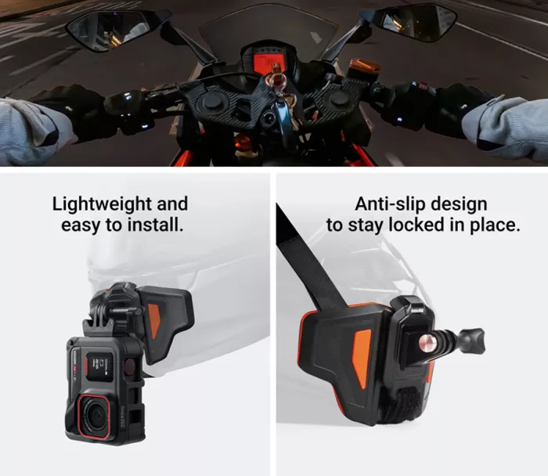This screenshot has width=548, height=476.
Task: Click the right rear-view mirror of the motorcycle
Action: click(416, 21)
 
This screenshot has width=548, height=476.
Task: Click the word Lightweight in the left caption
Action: click(99, 204)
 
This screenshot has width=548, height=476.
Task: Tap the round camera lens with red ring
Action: click(96, 416)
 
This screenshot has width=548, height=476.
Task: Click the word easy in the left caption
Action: click(80, 225)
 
